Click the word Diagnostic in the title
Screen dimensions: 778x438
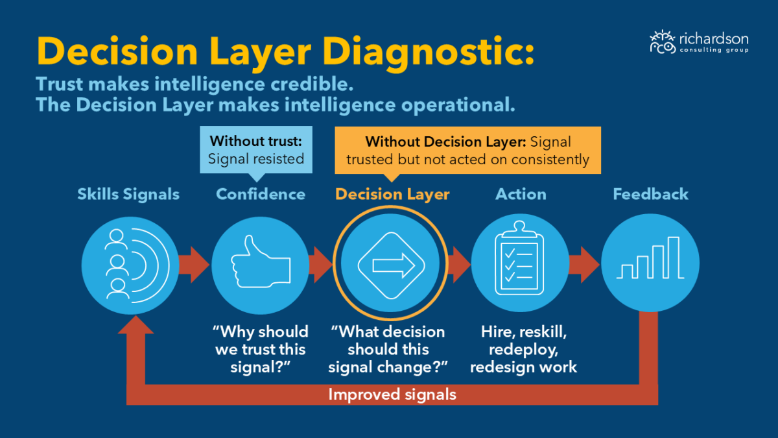(x=429, y=52)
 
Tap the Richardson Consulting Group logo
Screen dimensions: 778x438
(x=699, y=42)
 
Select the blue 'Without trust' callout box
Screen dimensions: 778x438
(x=256, y=150)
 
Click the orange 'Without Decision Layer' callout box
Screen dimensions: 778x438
(x=467, y=150)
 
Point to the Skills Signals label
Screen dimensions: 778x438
(x=128, y=194)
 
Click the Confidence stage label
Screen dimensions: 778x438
(x=261, y=194)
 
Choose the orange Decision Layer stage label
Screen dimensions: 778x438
(x=392, y=195)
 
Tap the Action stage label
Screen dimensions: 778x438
(x=521, y=194)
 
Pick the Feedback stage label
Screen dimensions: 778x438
(x=650, y=194)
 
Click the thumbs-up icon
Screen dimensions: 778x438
(x=261, y=262)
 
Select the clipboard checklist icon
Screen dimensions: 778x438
(x=519, y=258)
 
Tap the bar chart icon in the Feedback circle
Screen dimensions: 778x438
(x=650, y=258)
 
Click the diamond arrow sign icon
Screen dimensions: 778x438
(x=391, y=265)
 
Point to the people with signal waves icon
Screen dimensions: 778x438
(x=137, y=265)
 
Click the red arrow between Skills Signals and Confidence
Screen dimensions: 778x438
(x=194, y=265)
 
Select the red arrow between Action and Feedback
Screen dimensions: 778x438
(x=585, y=265)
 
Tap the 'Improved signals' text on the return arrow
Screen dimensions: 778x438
(x=392, y=395)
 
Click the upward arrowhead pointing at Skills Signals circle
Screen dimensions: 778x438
(x=136, y=324)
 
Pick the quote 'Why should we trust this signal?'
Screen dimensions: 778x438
(x=261, y=349)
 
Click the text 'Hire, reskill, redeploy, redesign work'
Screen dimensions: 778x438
(x=523, y=349)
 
